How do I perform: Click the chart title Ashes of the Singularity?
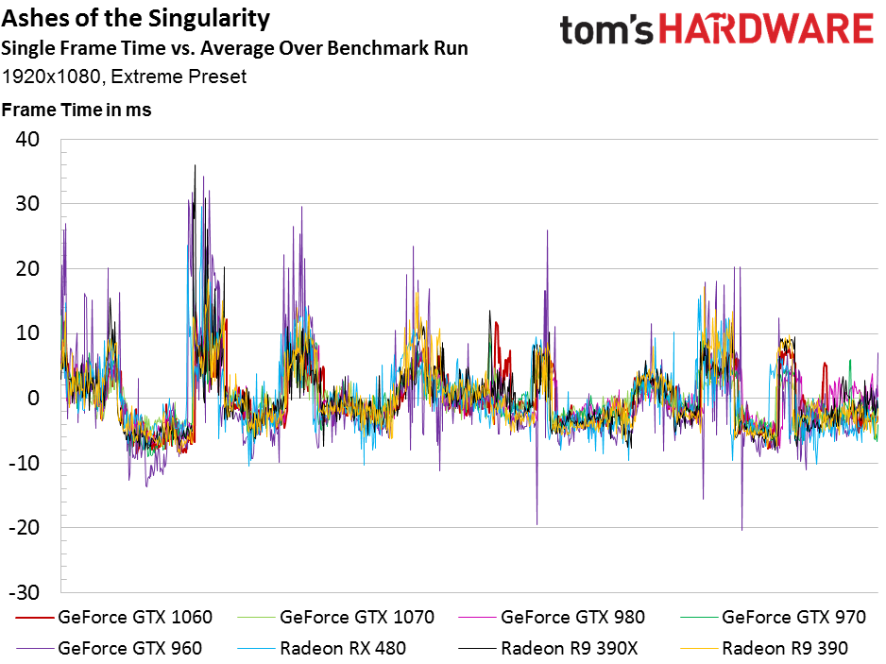136,19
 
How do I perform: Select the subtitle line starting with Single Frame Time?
234,48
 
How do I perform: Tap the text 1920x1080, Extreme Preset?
124,77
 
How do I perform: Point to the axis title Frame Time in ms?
77,110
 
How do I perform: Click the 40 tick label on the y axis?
27,139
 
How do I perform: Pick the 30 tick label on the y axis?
27,204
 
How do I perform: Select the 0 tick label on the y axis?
33,398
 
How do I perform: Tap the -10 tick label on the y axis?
24,463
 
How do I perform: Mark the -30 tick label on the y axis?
24,592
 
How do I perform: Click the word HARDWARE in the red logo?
767,29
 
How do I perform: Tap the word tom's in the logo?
606,30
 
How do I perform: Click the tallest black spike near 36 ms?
195,165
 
